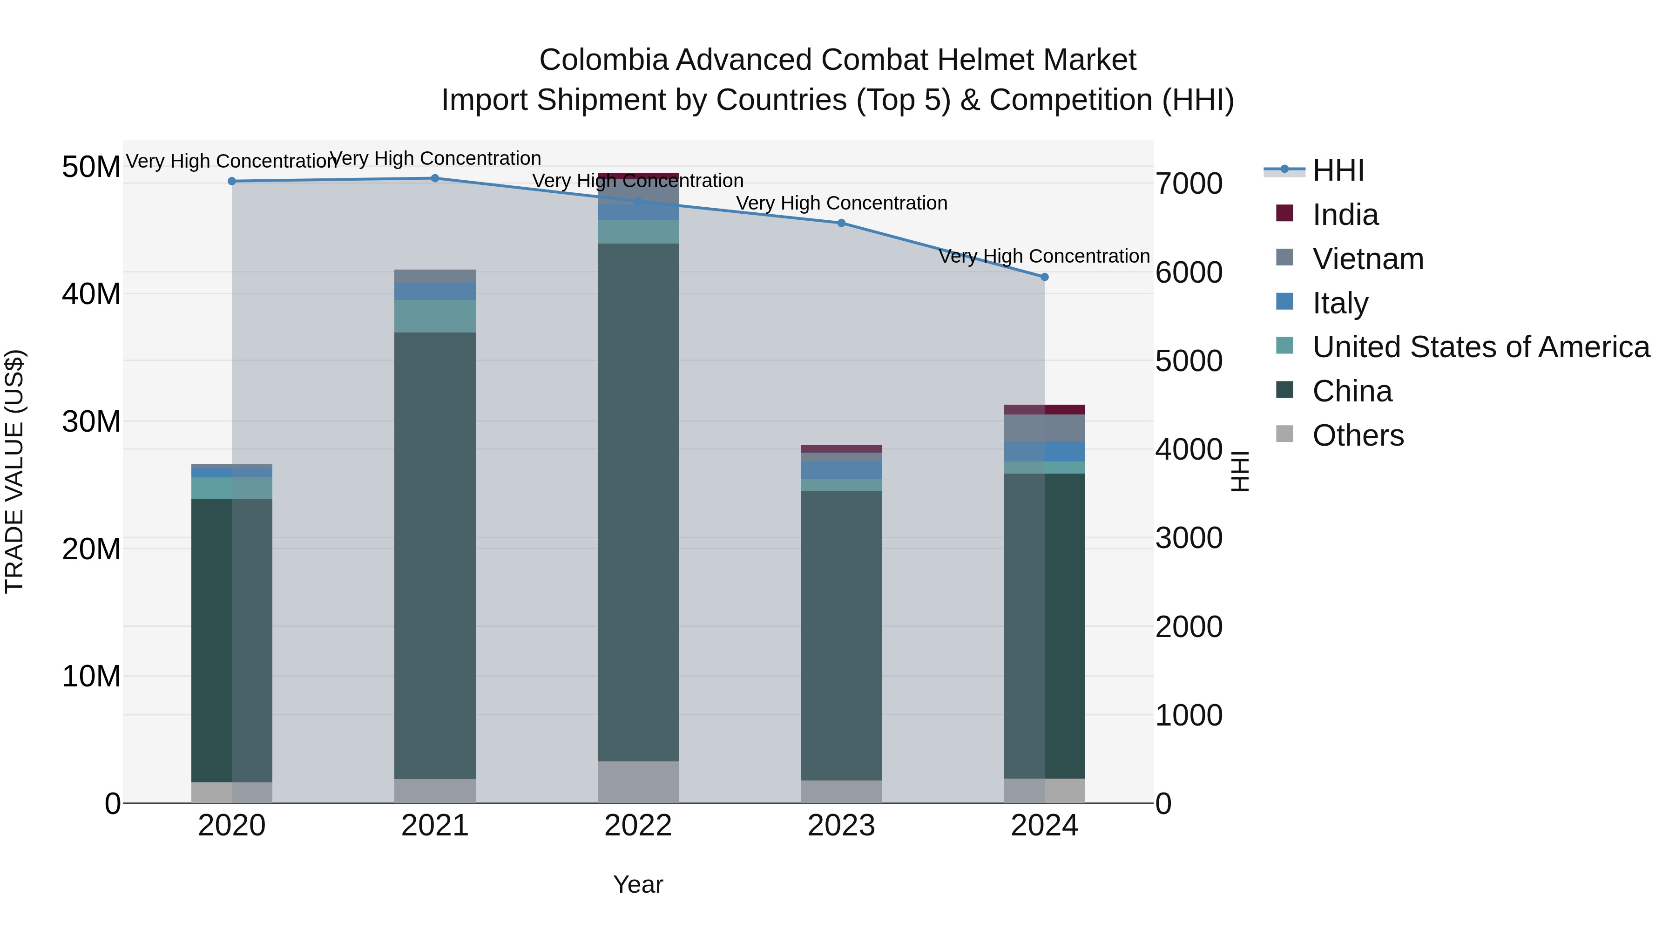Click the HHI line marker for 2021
(435, 178)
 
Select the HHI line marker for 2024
(1044, 277)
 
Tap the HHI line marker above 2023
(841, 223)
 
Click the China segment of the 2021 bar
(435, 553)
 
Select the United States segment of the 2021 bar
(435, 316)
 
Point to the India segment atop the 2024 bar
(1044, 409)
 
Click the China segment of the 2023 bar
(841, 635)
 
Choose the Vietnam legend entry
(1368, 259)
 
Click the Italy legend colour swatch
(1284, 302)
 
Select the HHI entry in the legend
(1338, 170)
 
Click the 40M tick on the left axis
(91, 294)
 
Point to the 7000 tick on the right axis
(1189, 183)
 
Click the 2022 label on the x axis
(638, 826)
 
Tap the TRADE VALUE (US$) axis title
(14, 471)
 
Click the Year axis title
(638, 884)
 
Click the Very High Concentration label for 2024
(1044, 257)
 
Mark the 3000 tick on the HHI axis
(1189, 538)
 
